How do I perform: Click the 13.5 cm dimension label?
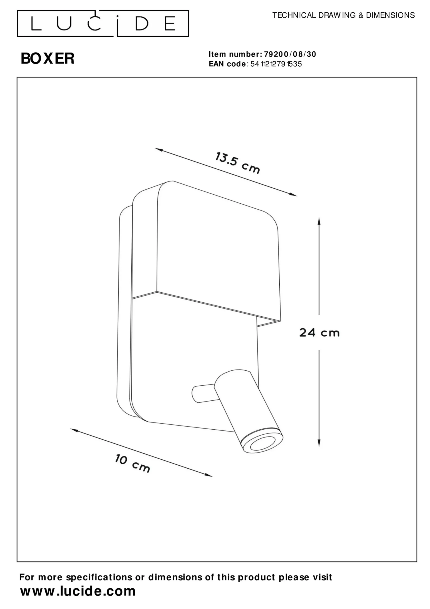click(237, 163)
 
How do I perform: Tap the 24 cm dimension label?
click(319, 333)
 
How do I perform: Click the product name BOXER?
click(48, 59)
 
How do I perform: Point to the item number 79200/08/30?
click(290, 54)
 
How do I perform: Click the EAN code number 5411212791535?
click(276, 64)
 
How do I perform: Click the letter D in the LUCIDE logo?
click(142, 23)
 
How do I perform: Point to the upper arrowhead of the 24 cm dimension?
click(319, 221)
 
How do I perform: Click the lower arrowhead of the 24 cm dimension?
click(319, 442)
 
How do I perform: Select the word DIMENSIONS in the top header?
click(390, 15)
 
